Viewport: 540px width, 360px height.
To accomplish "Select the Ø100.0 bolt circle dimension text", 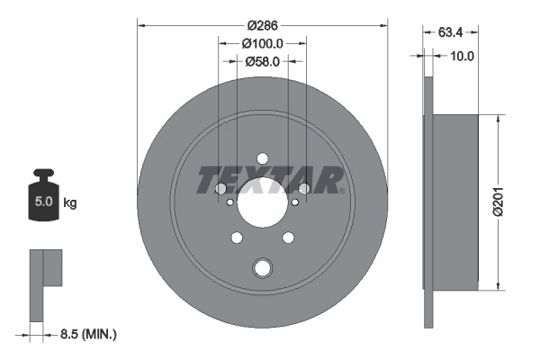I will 263,42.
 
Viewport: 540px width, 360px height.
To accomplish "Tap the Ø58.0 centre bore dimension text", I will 263,61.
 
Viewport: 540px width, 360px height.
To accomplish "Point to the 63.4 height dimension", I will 451,34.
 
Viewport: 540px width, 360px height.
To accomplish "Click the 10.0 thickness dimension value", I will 463,56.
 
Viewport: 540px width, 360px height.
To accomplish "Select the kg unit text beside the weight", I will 70,203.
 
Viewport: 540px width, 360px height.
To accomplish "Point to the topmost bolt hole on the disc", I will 263,159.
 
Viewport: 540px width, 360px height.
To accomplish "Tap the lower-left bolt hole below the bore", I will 238,238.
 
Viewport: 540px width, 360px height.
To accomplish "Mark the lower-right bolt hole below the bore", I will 288,238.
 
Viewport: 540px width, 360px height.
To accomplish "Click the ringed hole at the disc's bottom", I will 263,267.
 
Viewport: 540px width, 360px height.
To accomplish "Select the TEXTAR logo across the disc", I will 270,180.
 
